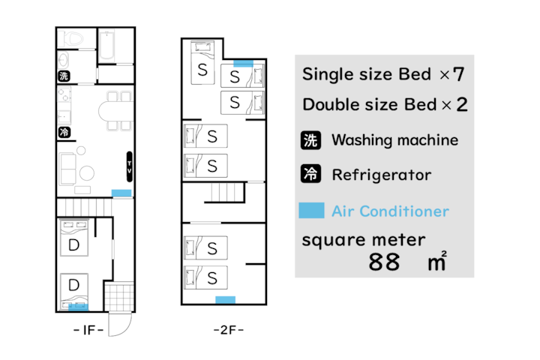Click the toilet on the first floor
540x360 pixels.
(70, 38)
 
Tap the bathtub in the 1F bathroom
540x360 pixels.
(106, 46)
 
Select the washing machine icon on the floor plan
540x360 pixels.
(64, 76)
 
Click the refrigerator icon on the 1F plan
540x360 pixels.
(64, 132)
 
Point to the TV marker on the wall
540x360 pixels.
(130, 166)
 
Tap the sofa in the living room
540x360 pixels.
(68, 169)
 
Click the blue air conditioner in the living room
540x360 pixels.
(121, 193)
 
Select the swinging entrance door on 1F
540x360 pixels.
(120, 324)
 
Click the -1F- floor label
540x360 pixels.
(88, 330)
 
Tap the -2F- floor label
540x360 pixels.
(228, 330)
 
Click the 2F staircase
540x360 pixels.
(224, 193)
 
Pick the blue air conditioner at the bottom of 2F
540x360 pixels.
(226, 300)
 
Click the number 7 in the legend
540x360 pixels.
(459, 74)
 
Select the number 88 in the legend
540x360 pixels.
(384, 262)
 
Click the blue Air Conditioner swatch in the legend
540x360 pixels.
(311, 211)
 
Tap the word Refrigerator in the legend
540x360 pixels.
(382, 175)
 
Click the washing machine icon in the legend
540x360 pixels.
(310, 140)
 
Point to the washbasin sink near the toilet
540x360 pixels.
(63, 61)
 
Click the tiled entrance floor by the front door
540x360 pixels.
(118, 296)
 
